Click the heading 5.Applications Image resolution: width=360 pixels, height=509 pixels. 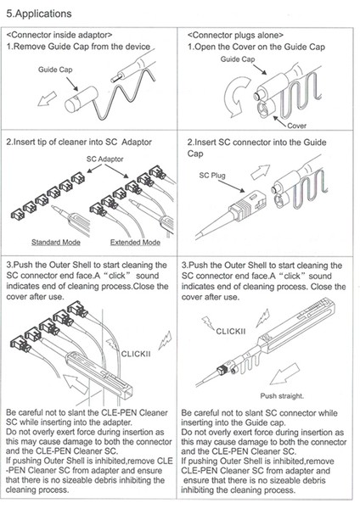pos(39,14)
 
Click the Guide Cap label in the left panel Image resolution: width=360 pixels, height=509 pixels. pos(55,70)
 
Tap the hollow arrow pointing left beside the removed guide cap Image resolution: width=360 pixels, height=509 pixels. pos(47,98)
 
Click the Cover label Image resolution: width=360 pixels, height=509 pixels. pos(296,126)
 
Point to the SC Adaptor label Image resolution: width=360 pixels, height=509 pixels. pos(104,159)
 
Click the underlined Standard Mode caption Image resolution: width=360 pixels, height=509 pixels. pos(56,242)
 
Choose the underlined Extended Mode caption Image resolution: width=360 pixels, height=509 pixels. pos(135,242)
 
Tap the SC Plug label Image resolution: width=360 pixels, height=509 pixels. pos(212,176)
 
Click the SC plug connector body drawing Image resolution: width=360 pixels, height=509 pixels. pos(249,207)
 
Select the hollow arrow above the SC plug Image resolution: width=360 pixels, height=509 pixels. pos(260,171)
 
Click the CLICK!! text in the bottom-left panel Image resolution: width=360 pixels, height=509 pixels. pos(136,354)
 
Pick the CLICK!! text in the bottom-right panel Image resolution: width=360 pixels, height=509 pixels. pos(231,332)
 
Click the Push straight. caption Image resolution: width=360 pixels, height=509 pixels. pos(282,396)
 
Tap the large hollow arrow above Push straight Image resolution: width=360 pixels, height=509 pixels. pos(284,374)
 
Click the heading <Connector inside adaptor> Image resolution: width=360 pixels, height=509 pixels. pos(59,35)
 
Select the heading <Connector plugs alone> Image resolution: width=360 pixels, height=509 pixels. pos(235,35)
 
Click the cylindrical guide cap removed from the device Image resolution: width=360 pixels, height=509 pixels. pos(82,99)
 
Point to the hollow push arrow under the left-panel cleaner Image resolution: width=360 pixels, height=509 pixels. pos(76,383)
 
